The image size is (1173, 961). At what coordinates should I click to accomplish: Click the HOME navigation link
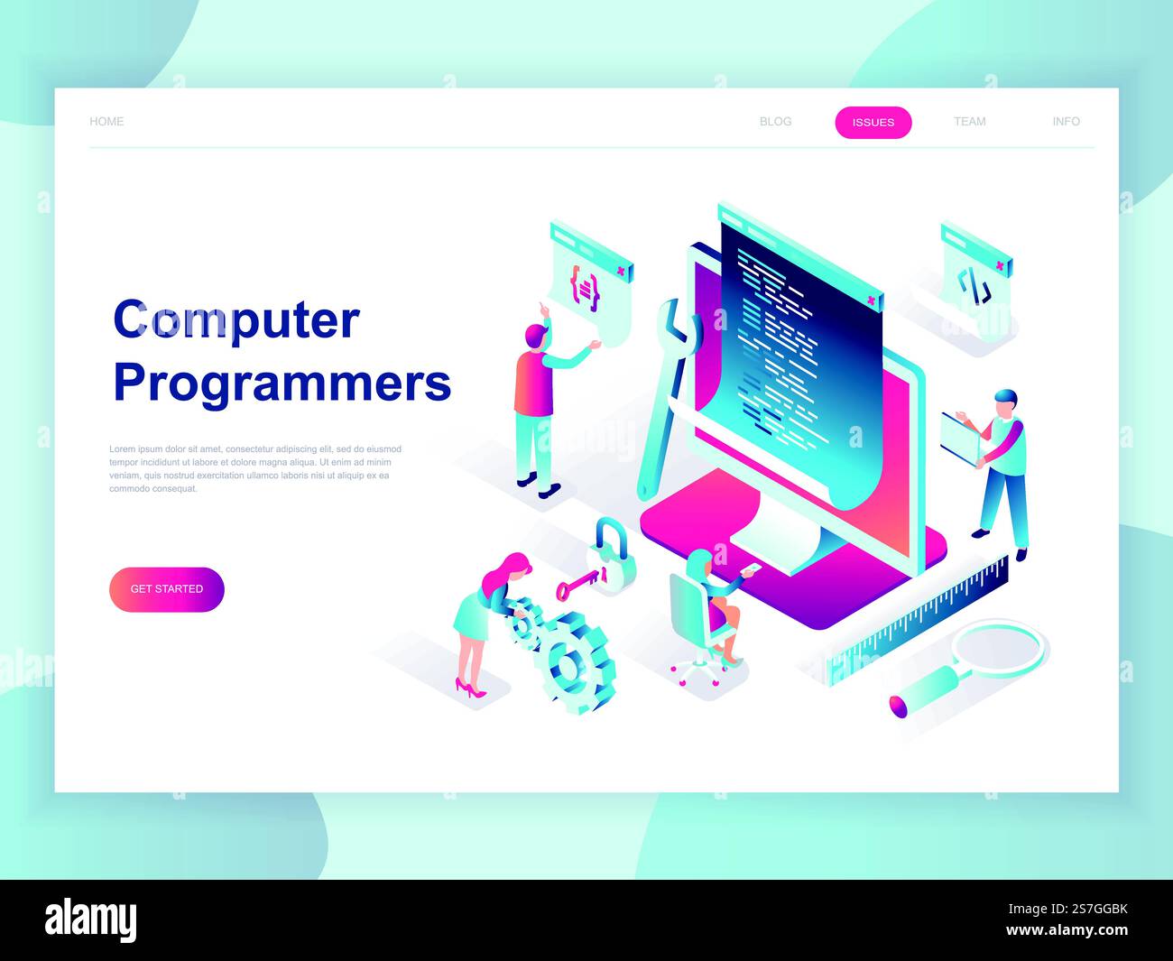106,122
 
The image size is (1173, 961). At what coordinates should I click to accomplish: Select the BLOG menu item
775,122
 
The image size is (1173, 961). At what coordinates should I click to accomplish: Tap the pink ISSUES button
873,123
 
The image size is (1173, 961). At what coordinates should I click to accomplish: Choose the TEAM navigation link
969,122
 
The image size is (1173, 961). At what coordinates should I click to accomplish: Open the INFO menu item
1066,122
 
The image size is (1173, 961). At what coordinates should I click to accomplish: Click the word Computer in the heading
236,320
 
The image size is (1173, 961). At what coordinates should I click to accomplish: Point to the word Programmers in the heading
282,383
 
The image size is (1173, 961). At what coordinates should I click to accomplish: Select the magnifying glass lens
1000,647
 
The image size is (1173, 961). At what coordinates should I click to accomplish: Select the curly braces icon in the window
585,288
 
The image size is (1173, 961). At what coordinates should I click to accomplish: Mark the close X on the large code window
871,300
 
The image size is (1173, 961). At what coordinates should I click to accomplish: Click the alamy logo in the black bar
91,921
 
